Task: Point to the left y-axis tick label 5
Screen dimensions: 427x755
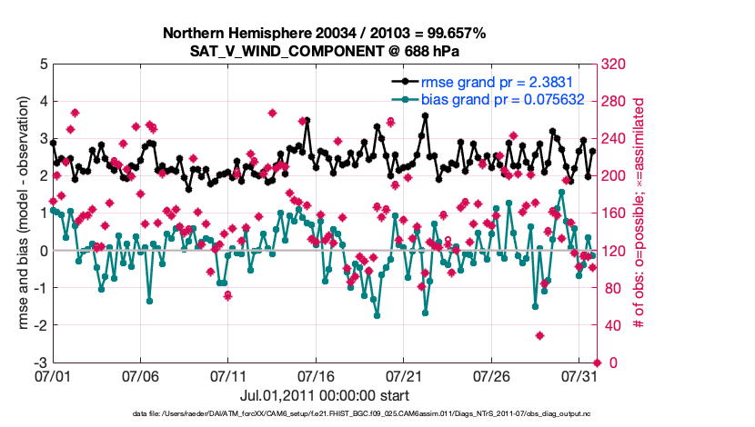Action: [43, 65]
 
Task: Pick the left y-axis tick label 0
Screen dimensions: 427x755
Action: [43, 251]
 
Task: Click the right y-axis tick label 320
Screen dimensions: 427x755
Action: [612, 65]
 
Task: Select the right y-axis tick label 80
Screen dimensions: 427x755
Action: [609, 288]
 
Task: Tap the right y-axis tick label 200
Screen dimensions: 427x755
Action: [612, 176]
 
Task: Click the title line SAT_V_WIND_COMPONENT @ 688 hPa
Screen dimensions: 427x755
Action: [324, 50]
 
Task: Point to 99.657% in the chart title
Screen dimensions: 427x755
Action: [457, 33]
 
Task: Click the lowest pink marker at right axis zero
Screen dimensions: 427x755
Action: [597, 362]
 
